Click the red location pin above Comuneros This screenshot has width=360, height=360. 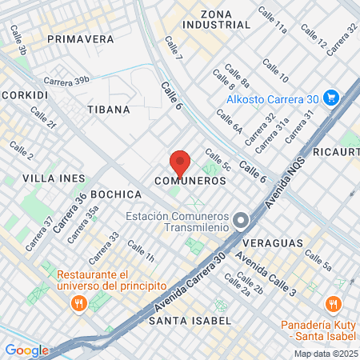tap(180, 163)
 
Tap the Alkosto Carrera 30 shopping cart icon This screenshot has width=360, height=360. tap(331, 99)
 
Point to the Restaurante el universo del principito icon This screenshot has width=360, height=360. tap(78, 302)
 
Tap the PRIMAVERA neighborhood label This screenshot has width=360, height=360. tap(80, 38)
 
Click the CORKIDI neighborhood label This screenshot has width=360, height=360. tap(24, 94)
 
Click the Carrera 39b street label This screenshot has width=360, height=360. tap(66, 81)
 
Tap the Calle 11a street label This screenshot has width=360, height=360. tap(272, 20)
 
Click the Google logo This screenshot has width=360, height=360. tap(26, 350)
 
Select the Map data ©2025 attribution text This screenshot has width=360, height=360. tap(326, 354)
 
